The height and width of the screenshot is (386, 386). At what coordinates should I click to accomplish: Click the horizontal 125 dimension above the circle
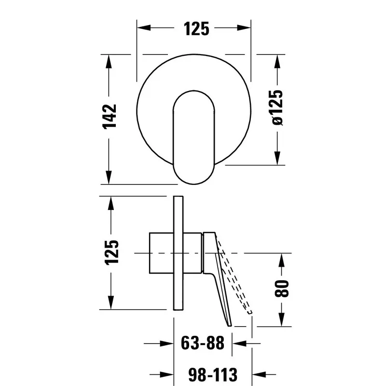196,29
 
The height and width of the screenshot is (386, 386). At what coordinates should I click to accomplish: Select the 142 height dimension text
110,117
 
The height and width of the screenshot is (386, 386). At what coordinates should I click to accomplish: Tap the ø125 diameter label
277,108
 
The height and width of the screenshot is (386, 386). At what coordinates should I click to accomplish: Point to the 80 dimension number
281,289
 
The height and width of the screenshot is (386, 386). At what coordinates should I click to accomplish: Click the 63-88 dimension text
203,343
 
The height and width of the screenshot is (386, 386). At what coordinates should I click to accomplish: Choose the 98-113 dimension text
213,374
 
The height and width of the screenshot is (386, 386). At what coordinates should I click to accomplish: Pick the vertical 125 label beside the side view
112,252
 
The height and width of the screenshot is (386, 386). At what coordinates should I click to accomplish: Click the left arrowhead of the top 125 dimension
144,28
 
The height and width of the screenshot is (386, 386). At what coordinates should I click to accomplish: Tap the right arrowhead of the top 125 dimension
244,28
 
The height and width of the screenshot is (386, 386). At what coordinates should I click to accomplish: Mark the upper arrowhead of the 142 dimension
109,62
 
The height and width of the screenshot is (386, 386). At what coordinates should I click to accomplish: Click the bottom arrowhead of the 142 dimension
109,177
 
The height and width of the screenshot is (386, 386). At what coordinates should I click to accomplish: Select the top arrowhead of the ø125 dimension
277,62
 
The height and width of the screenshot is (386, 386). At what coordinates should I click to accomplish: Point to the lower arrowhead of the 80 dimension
282,320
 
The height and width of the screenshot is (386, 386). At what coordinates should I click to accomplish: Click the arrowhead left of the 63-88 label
166,344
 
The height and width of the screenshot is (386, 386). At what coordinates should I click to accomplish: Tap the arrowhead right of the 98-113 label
259,375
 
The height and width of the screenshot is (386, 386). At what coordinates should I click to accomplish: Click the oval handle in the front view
194,137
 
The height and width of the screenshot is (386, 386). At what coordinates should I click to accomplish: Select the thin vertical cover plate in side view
178,253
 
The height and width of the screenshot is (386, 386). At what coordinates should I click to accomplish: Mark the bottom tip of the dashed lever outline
249,313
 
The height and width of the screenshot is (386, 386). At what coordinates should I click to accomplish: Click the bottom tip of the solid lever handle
230,326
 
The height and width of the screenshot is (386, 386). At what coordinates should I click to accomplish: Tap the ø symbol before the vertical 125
277,121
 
